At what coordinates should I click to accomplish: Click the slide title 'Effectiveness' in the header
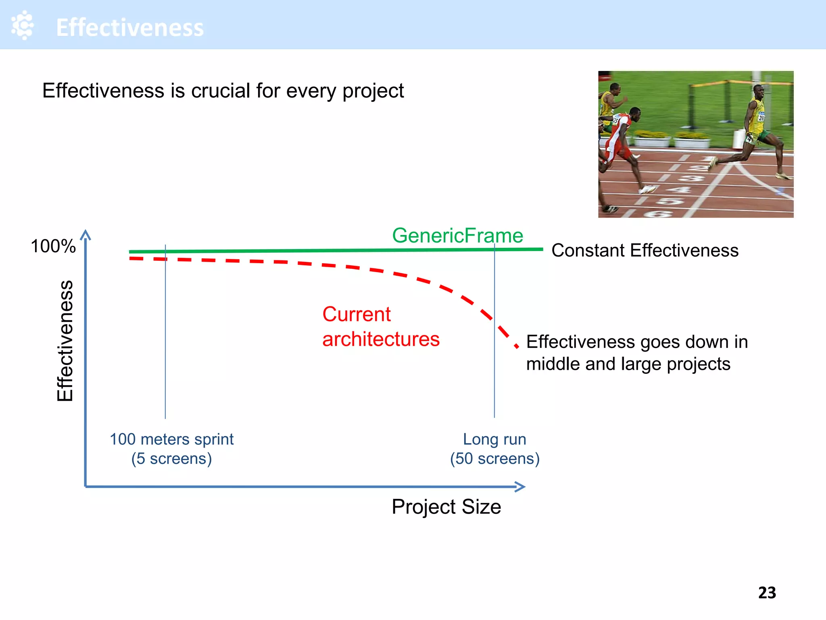130,27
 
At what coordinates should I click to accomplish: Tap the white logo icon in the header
23,25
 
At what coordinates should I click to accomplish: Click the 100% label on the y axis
53,246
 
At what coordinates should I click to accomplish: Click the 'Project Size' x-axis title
446,507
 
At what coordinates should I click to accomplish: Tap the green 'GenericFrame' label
457,235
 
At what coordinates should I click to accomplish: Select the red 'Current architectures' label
380,327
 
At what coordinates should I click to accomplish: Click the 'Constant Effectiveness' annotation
645,250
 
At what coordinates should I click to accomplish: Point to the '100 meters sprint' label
171,439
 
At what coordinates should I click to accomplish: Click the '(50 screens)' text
494,459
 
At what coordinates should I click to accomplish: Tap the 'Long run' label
494,439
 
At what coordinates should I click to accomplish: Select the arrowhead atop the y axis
86,235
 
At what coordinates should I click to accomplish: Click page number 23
767,593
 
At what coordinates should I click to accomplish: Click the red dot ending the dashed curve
517,346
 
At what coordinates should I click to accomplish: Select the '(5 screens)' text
171,459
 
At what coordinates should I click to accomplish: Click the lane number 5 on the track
670,201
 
